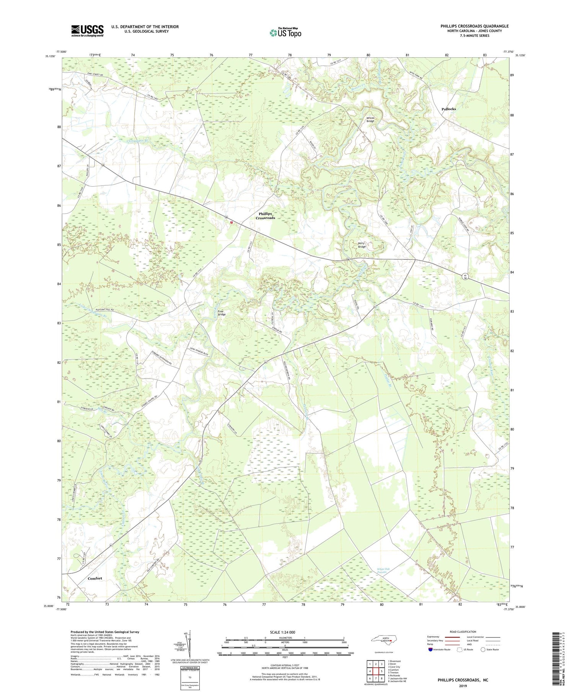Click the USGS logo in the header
click(87, 31)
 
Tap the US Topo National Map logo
click(285, 32)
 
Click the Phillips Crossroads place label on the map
click(266, 216)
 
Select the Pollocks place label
click(448, 109)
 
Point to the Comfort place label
click(95, 578)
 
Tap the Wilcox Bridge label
click(370, 119)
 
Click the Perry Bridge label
click(362, 245)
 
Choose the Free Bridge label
click(222, 313)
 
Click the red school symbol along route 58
click(231, 222)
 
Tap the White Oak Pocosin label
click(385, 570)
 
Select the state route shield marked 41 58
click(465, 276)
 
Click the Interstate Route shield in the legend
click(432, 650)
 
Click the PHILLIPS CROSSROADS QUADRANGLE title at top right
click(475, 26)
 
